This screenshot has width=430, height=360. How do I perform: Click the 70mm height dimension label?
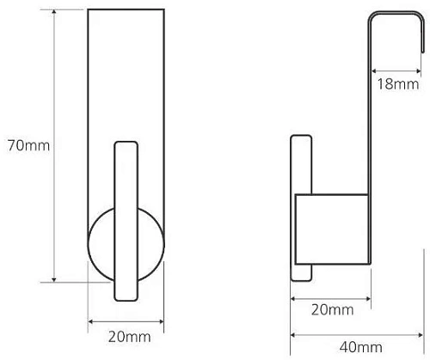(x=28, y=145)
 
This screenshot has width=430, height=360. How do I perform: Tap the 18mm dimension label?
(x=398, y=84)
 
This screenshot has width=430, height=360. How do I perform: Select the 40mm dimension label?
(x=361, y=347)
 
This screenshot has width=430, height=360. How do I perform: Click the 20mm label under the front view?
(x=129, y=337)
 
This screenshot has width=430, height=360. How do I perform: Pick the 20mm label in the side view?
(x=333, y=310)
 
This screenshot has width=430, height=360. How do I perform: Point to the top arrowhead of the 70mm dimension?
(x=54, y=12)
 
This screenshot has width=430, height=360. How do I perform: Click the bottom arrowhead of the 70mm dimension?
(x=54, y=280)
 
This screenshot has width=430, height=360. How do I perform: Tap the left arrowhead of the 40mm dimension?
(x=293, y=335)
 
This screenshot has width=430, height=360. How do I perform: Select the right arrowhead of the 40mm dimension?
(x=421, y=335)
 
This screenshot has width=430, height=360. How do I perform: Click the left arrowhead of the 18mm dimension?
(x=374, y=70)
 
